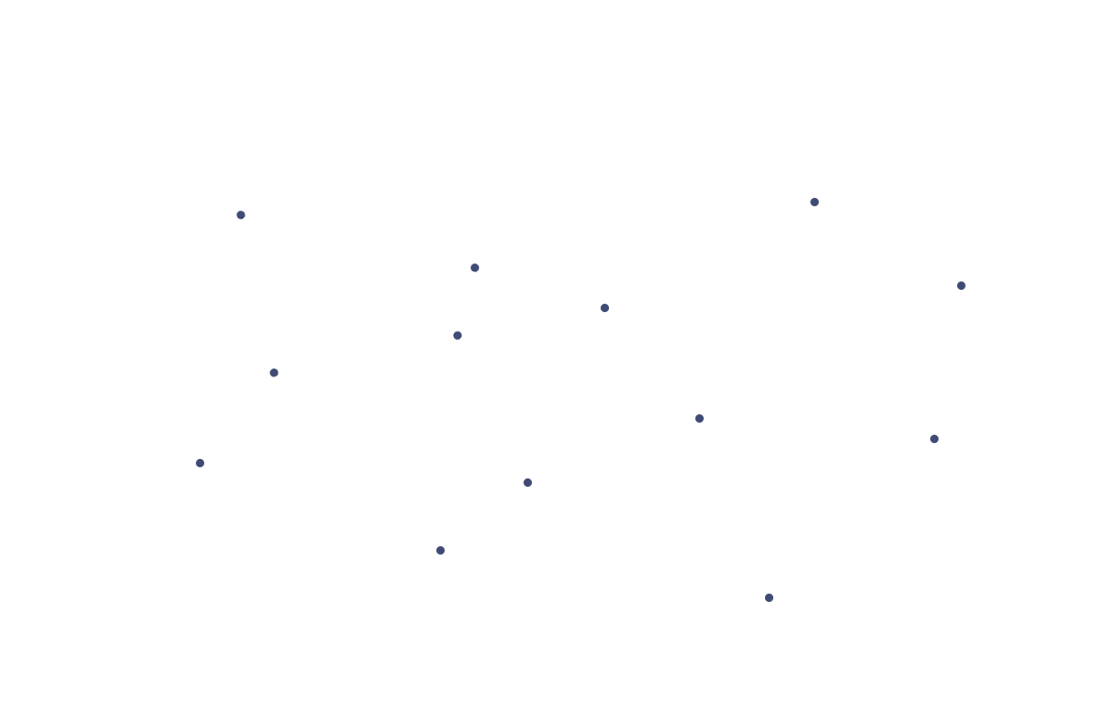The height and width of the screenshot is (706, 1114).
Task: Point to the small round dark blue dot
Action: pos(474,268)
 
